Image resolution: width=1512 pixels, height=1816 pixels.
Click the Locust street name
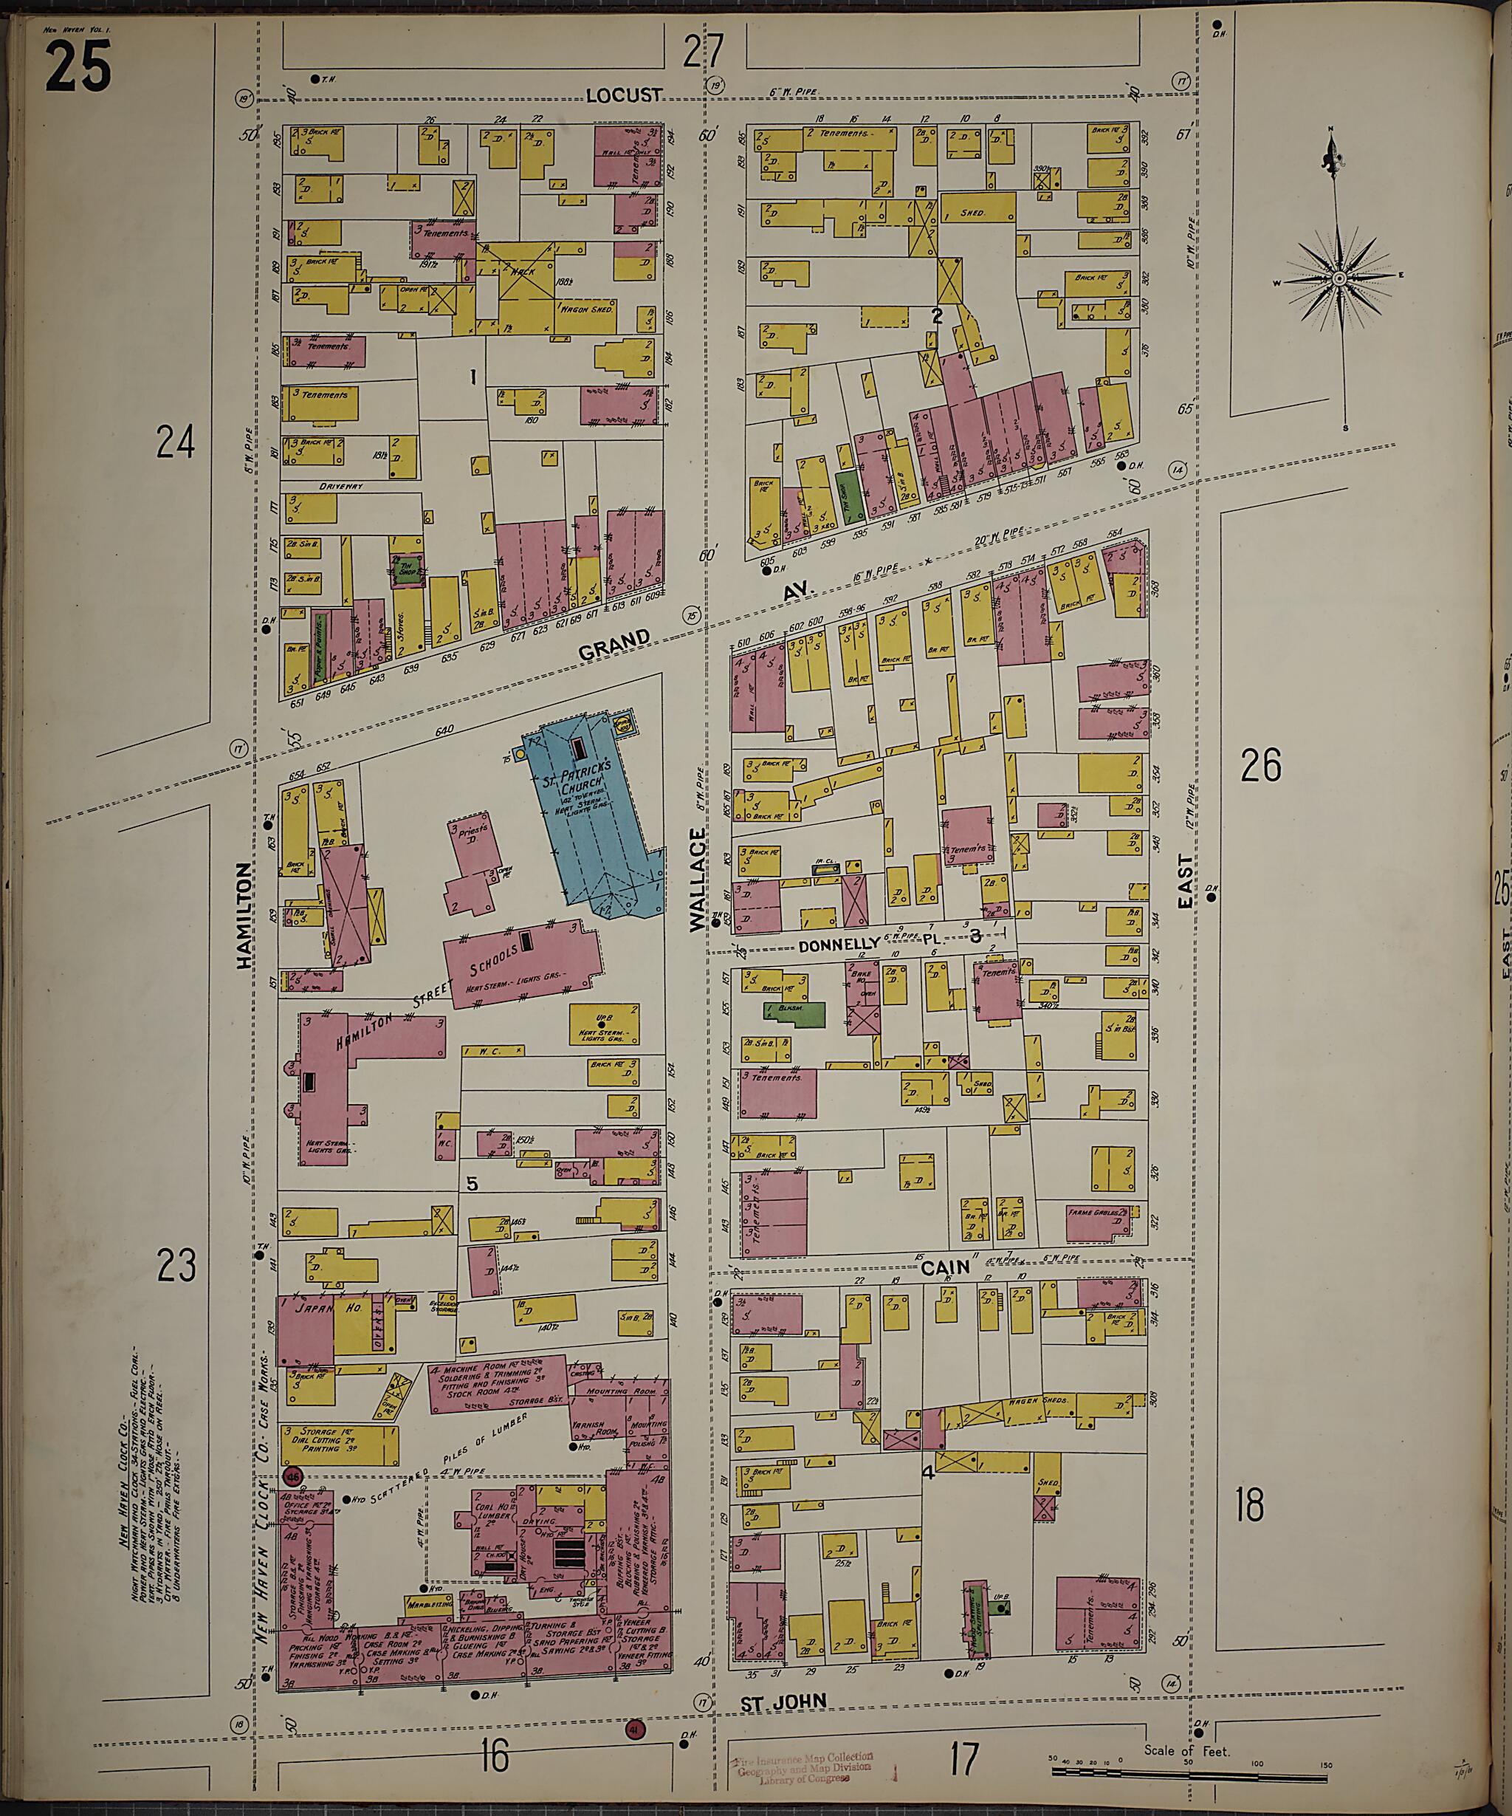pyautogui.click(x=623, y=95)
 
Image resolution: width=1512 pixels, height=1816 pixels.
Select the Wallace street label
pyautogui.click(x=698, y=879)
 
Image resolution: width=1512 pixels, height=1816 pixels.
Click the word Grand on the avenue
pyautogui.click(x=614, y=644)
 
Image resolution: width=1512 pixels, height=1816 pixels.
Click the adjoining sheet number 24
pyautogui.click(x=176, y=442)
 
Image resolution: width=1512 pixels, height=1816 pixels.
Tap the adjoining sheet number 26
pyautogui.click(x=1260, y=765)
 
